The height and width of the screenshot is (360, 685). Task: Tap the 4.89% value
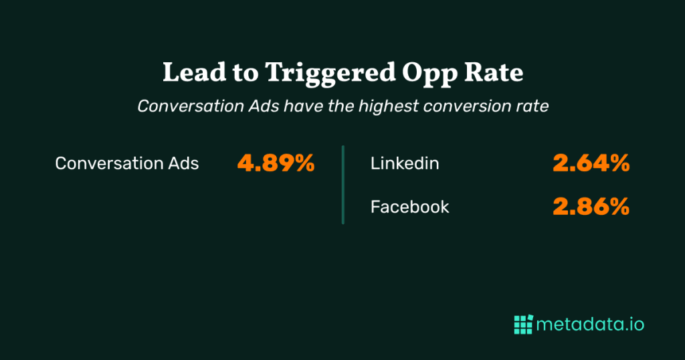(x=276, y=163)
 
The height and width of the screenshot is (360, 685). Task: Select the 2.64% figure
(x=591, y=163)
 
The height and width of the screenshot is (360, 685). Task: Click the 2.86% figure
(x=591, y=207)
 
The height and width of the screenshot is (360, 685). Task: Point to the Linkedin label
(x=405, y=163)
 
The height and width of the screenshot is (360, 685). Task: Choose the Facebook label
(x=410, y=207)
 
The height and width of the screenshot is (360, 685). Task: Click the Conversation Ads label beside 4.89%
(x=127, y=163)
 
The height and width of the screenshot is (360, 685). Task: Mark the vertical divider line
(x=342, y=185)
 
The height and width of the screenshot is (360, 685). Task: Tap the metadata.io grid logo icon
(x=522, y=325)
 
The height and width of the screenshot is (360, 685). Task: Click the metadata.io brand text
(x=591, y=325)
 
